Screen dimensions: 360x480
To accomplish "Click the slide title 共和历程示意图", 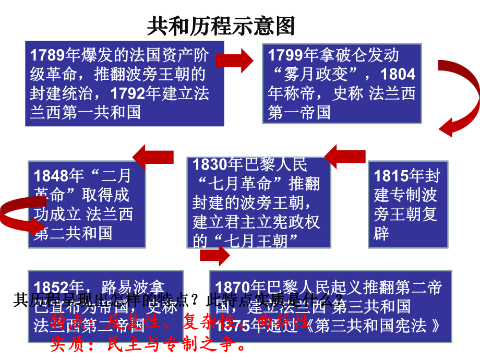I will click(x=221, y=25).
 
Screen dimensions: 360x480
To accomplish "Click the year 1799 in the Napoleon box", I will click(x=285, y=54).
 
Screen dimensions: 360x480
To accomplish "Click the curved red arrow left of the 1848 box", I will click(x=18, y=211).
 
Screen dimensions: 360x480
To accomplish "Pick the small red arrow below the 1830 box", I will click(x=214, y=255).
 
